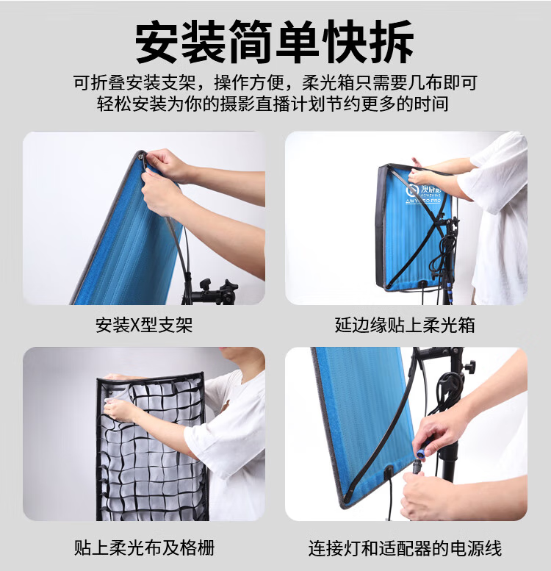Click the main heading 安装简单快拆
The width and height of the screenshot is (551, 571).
coord(275,41)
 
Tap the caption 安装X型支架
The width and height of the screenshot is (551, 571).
coord(144,325)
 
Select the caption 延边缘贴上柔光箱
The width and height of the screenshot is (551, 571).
coord(405,325)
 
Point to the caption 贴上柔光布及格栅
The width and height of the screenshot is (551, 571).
coord(144,547)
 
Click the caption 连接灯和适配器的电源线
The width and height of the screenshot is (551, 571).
coord(405,548)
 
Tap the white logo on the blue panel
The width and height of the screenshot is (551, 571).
coord(423,194)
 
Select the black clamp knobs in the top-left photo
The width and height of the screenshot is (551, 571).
coord(218,287)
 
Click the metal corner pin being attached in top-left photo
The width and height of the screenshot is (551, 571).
coord(141,157)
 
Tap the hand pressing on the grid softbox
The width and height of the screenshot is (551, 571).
coord(119,410)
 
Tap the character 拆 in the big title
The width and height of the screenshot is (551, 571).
coord(392,41)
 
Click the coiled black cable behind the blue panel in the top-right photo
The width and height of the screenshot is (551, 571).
coord(446,251)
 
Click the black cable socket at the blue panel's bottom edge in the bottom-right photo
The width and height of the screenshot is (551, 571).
coord(389,472)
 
